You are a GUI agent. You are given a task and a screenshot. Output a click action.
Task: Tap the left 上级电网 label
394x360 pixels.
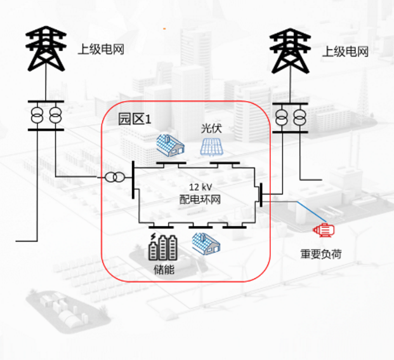click(x=100, y=50)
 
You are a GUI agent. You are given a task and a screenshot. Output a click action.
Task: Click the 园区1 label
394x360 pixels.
click(x=135, y=118)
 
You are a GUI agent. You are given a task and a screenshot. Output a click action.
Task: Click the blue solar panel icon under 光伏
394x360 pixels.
click(x=212, y=147)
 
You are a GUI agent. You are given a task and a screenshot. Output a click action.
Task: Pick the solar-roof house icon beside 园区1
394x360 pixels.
click(x=170, y=145)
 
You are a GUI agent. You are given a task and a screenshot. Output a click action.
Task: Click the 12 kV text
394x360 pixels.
click(x=200, y=187)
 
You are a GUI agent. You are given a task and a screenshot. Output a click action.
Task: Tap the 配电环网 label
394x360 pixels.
click(x=200, y=199)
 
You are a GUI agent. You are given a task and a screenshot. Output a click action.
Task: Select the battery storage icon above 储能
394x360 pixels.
click(x=163, y=247)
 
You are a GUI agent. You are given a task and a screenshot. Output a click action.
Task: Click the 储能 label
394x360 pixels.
click(x=164, y=269)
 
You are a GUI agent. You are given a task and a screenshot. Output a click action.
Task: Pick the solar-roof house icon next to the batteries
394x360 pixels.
click(x=206, y=243)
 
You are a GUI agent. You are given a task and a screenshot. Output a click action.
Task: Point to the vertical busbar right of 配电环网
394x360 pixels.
click(x=260, y=194)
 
